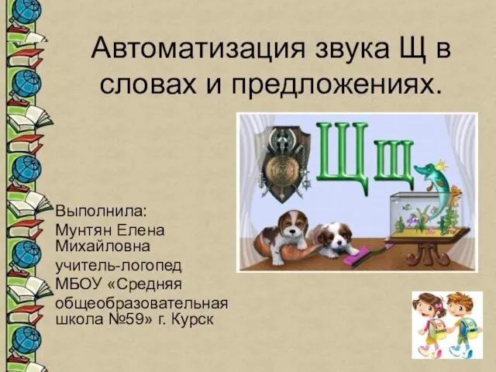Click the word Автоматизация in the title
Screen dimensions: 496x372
[x=198, y=48]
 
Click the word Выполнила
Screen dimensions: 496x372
[x=101, y=211]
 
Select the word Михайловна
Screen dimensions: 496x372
[x=102, y=246]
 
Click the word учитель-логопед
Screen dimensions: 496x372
[x=119, y=266]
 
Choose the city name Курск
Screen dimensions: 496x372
[x=192, y=319]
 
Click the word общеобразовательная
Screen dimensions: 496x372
[x=142, y=304]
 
